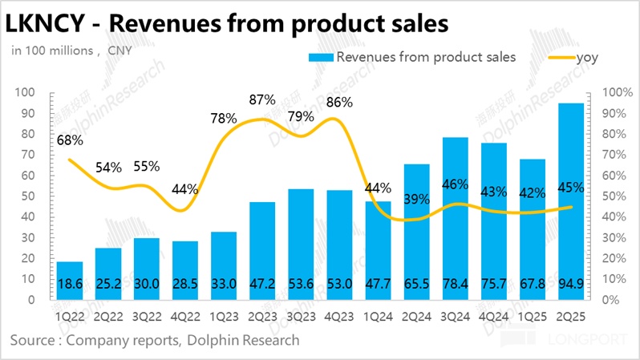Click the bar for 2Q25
pos(570,200)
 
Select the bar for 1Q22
pos(70,280)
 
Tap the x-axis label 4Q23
pos(339,315)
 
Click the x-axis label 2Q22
pos(108,315)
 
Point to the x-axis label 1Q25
pos(532,315)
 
